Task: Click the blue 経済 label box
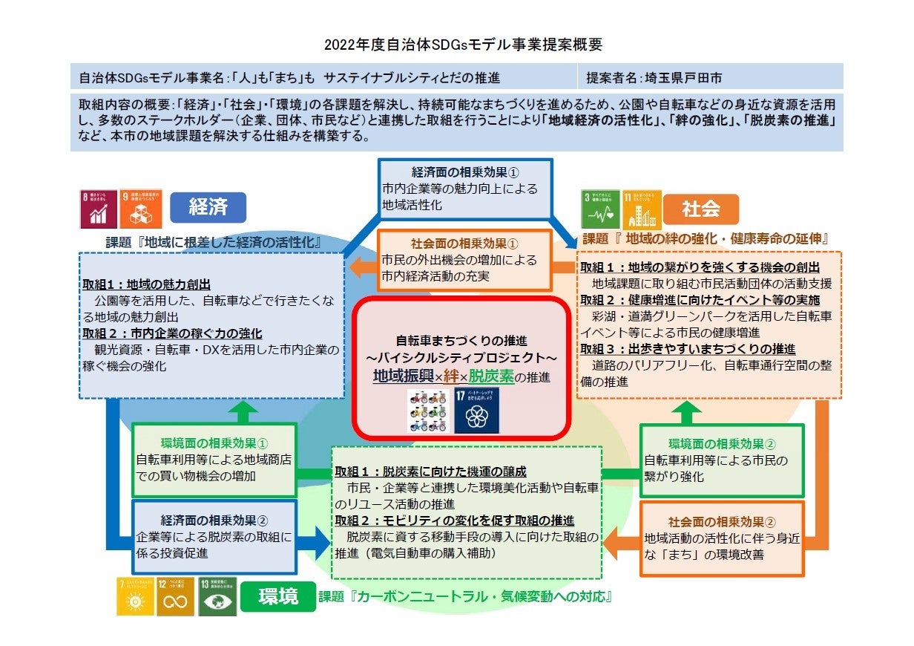tap(208, 208)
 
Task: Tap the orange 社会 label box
tap(700, 209)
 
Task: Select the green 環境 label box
tap(278, 596)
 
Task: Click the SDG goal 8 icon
tap(99, 209)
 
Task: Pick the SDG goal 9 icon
tap(140, 209)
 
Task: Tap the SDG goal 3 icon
tap(599, 209)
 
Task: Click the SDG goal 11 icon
tap(642, 209)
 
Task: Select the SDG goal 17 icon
tap(476, 410)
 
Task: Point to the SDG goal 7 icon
tap(135, 596)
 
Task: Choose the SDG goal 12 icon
tap(176, 596)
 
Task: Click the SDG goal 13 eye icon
tap(217, 596)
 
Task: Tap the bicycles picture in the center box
tap(428, 410)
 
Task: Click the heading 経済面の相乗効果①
tap(465, 174)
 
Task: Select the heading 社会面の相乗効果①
tap(464, 244)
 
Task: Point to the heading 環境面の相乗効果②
tap(722, 443)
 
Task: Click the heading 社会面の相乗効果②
tap(722, 522)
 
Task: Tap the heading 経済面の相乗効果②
tap(214, 519)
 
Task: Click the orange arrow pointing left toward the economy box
tap(364, 267)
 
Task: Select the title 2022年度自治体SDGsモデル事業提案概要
tap(463, 45)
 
